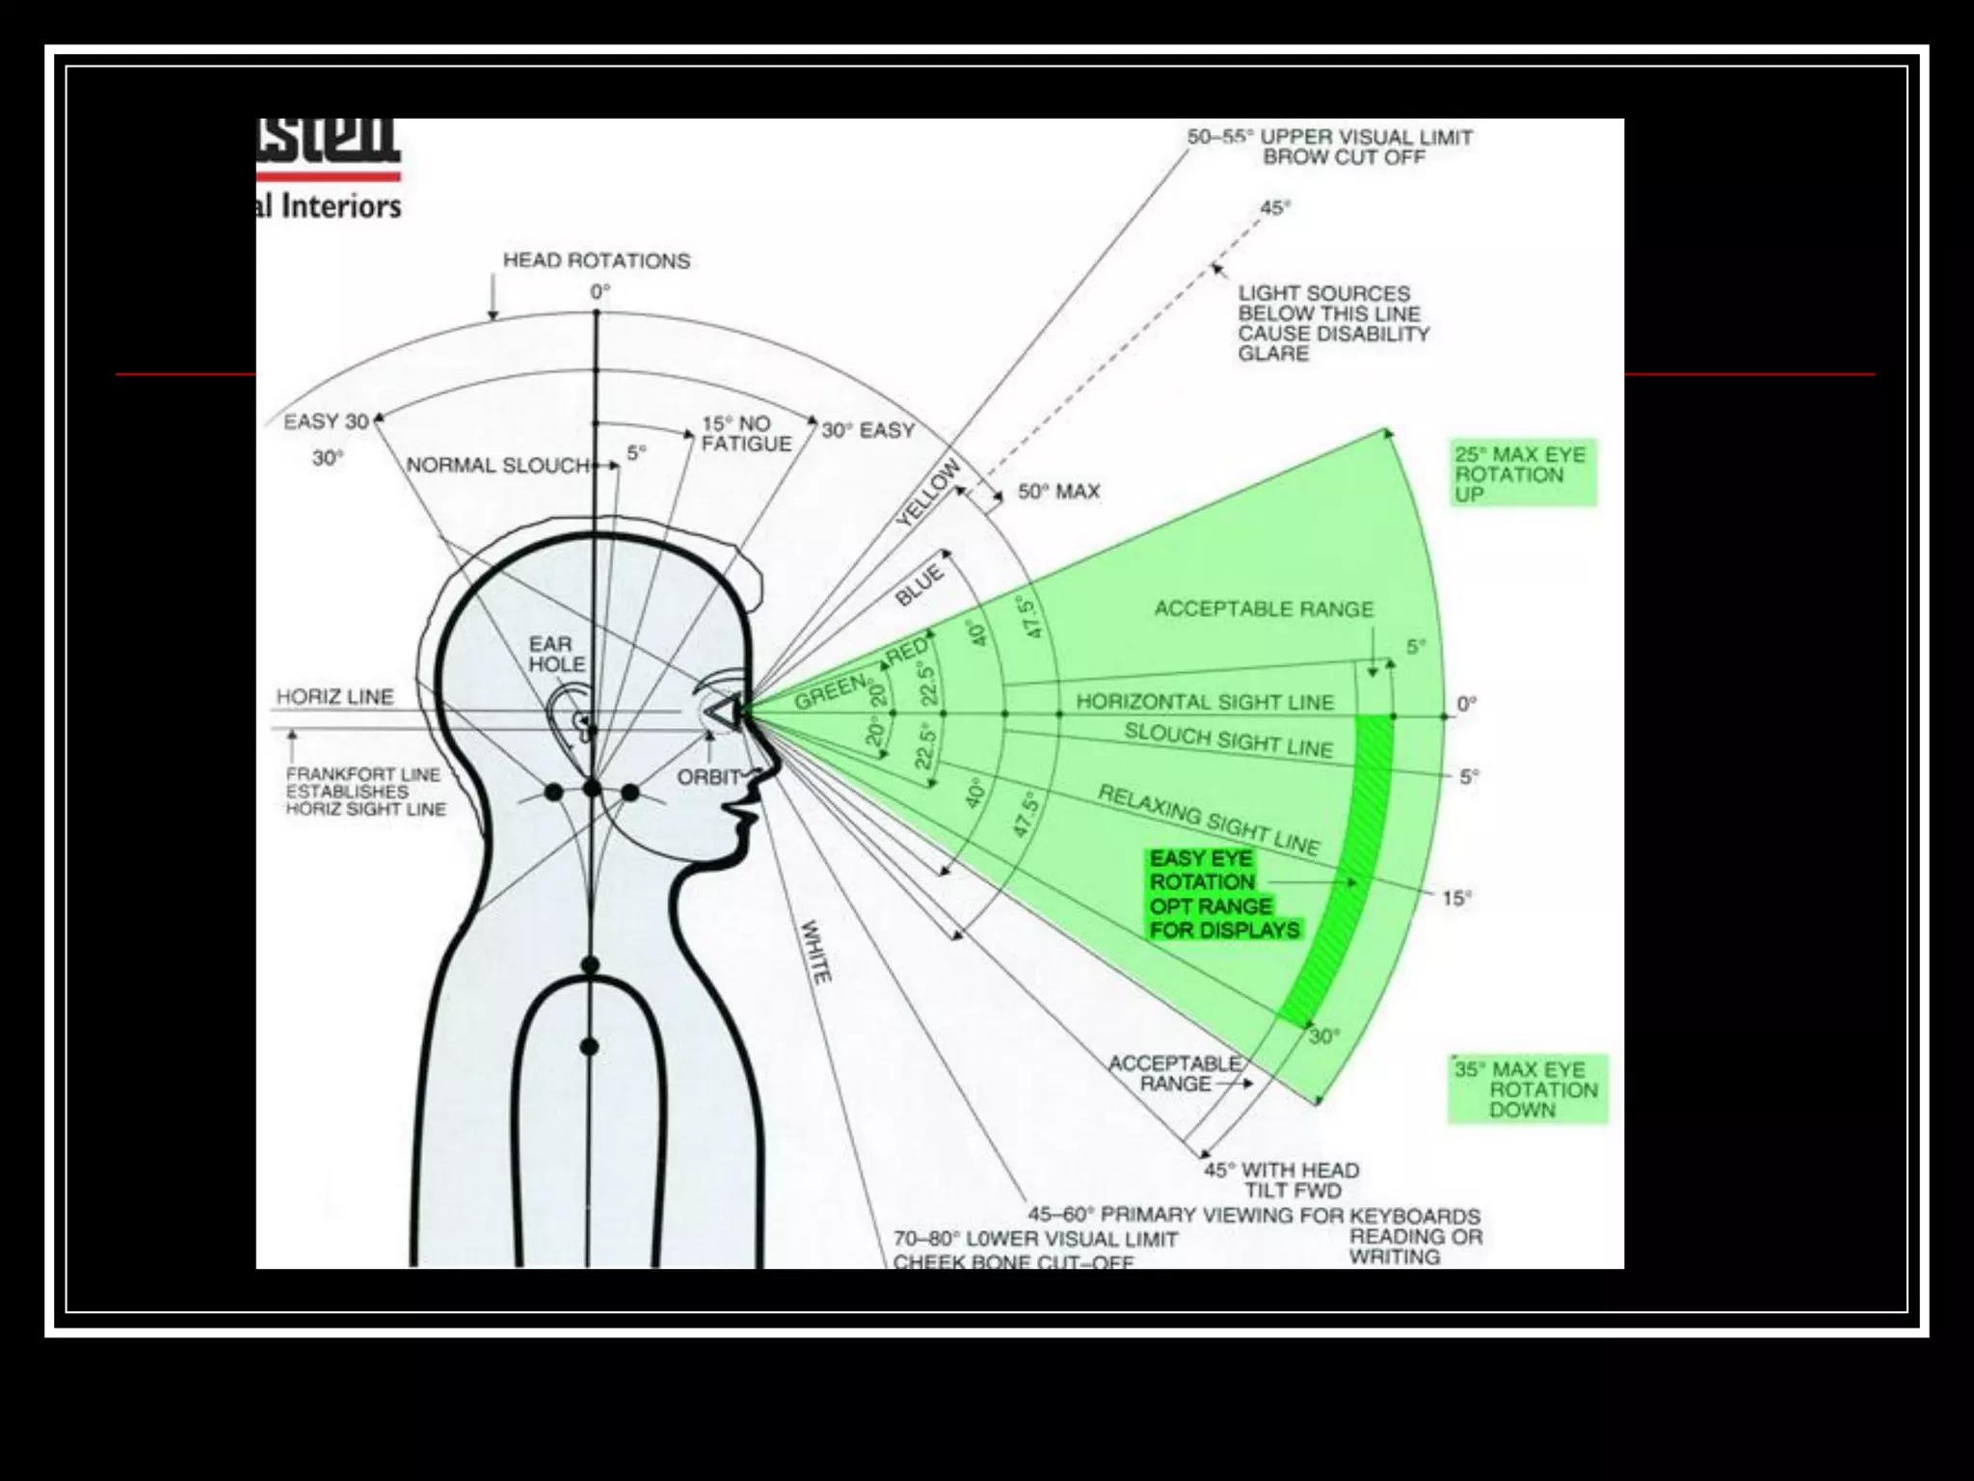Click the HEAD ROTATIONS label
coord(596,260)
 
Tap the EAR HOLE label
coord(556,654)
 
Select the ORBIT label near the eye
coord(708,777)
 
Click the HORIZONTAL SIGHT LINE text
coord(1204,701)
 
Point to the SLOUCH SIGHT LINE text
coord(1228,740)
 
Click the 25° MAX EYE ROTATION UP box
coord(1522,473)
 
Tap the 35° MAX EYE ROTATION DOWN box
coord(1527,1090)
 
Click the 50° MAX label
coord(1058,492)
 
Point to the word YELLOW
coord(928,493)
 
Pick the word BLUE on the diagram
coord(920,585)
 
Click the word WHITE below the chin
coord(815,952)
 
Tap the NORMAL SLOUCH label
coord(497,465)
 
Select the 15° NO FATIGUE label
coord(745,434)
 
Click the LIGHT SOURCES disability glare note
coord(1332,323)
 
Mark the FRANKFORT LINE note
coord(364,792)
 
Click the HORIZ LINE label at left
coord(334,696)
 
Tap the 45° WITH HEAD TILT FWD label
coord(1282,1179)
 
